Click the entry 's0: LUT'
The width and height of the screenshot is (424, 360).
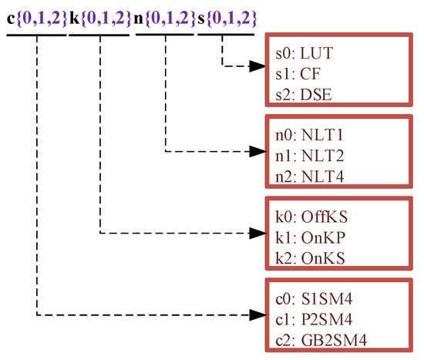coord(304,54)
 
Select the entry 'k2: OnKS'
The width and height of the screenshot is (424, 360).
coord(308,258)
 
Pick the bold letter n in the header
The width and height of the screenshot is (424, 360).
coord(139,18)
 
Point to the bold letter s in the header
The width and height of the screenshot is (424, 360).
coord(202,18)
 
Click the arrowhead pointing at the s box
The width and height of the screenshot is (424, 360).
coord(256,66)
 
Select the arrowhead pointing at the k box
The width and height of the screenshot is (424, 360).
coord(256,231)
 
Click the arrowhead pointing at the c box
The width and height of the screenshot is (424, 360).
coord(256,314)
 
